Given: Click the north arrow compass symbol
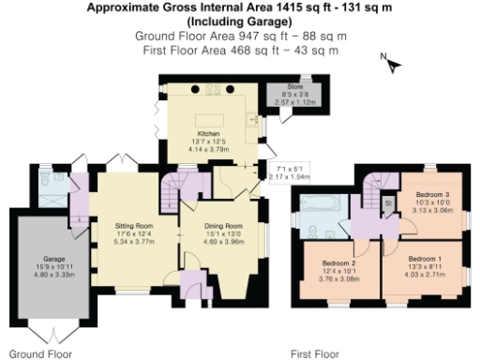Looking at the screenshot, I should [x=393, y=64].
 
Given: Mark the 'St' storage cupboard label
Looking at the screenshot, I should [x=386, y=202].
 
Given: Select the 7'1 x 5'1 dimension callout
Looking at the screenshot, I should [x=290, y=172].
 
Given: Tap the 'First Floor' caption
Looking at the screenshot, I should [x=314, y=353].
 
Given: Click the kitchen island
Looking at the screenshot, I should [x=212, y=121].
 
